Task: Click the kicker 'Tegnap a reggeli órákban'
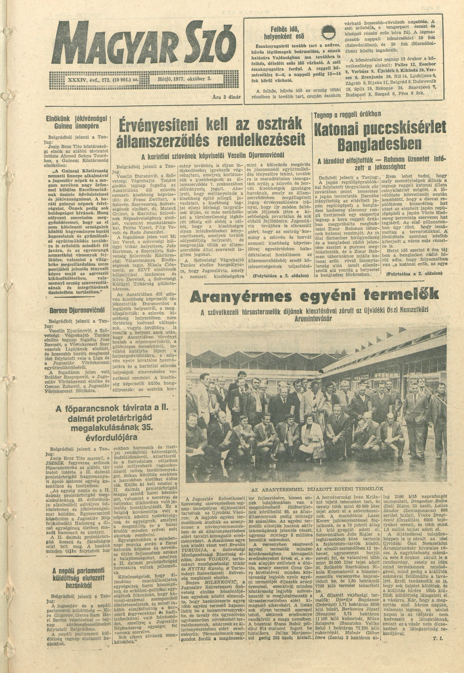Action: (348, 114)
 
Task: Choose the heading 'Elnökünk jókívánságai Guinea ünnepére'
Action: (77, 122)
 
